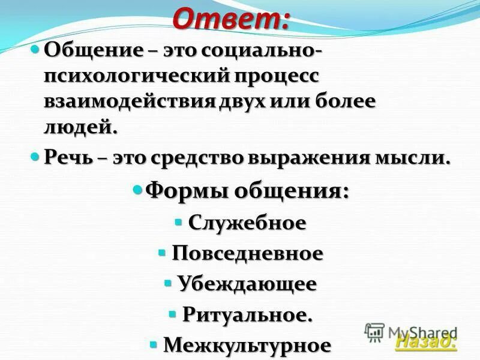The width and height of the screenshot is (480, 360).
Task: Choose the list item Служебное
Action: tap(247, 223)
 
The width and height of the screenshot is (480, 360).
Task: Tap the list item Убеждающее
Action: tap(247, 284)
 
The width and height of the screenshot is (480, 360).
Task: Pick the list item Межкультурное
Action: tap(247, 345)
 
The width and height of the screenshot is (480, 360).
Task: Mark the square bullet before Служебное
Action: tap(178, 221)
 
